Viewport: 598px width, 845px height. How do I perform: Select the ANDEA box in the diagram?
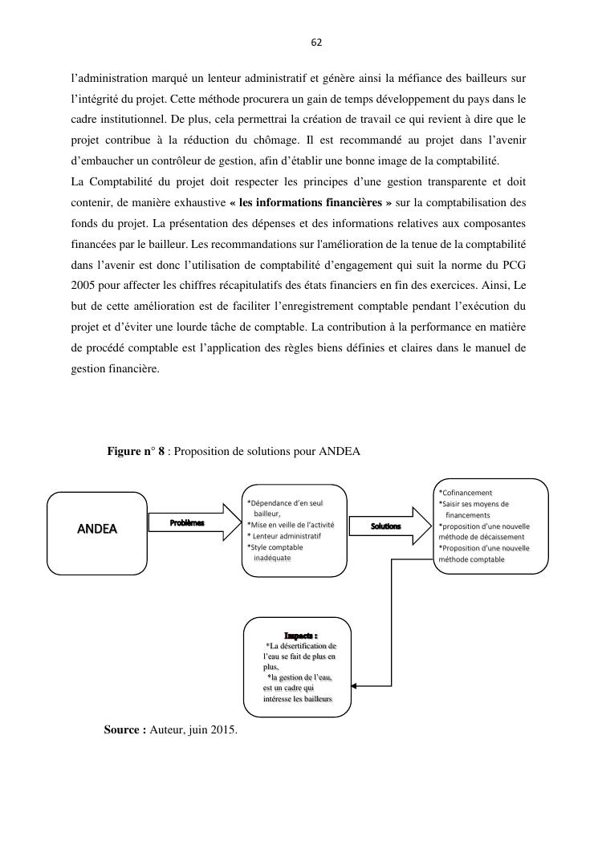tap(96, 529)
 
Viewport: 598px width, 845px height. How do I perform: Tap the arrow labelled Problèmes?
tap(193, 523)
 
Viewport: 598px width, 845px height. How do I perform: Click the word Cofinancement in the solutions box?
tap(466, 493)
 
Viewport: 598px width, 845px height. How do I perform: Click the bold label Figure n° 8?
tap(136, 451)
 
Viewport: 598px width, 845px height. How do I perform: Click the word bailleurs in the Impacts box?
tap(315, 700)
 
